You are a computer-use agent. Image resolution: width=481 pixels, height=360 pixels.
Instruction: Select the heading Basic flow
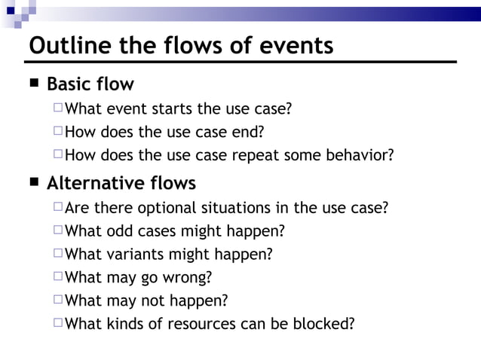pyautogui.click(x=90, y=84)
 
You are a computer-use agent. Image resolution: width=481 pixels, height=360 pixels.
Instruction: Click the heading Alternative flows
pyautogui.click(x=121, y=183)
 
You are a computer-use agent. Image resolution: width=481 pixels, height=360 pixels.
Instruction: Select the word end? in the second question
pyautogui.click(x=249, y=133)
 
